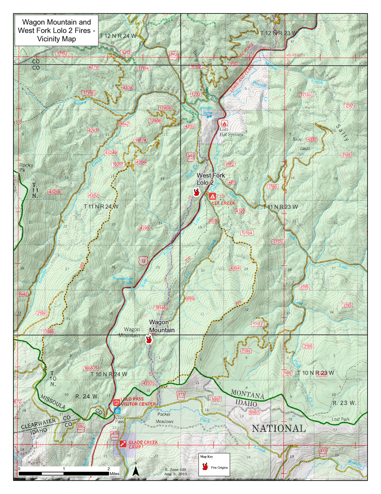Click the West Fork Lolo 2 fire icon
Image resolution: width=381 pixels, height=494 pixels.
[196, 192]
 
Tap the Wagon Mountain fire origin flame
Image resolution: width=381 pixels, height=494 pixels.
[149, 339]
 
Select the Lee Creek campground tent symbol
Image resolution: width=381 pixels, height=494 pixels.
[213, 196]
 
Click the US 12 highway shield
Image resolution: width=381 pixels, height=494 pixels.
[144, 261]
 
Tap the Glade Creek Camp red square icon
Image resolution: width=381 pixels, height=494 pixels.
[123, 444]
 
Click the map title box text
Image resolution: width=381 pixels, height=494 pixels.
[56, 31]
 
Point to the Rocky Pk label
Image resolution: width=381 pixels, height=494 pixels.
[26, 167]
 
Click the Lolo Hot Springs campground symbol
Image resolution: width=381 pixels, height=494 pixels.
[224, 124]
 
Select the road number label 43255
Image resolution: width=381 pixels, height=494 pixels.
[54, 192]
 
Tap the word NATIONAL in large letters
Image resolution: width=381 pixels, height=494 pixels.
[279, 429]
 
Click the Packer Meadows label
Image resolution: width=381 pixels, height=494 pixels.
[164, 418]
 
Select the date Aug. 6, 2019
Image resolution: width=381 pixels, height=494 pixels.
[176, 474]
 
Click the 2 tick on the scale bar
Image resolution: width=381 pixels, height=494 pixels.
[109, 469]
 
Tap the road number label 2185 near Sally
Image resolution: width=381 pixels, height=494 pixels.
[346, 155]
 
